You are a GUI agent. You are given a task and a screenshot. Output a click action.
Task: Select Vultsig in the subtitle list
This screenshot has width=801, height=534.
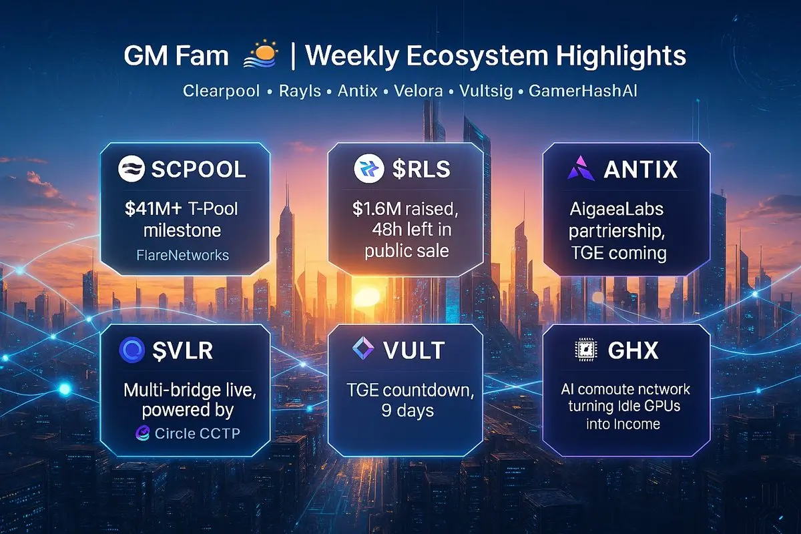486,91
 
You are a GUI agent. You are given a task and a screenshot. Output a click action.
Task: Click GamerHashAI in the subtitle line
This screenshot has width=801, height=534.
583,91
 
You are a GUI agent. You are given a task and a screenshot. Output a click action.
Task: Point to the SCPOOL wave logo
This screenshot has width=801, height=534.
131,169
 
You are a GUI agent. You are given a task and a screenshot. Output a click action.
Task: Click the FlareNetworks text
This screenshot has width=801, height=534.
182,256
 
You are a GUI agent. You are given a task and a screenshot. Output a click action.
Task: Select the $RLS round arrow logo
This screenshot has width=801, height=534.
368,168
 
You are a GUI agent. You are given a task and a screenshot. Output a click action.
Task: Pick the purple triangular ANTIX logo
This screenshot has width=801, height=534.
581,168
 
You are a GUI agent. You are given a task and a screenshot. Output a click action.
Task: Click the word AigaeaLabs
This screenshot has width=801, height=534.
617,210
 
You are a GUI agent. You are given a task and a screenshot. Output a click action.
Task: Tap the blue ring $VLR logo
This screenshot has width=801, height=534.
132,350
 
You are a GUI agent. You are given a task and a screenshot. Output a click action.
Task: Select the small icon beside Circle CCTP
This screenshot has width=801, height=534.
142,433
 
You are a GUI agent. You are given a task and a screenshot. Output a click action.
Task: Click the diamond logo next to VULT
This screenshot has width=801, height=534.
363,348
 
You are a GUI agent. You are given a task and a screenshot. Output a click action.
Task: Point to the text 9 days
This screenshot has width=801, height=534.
407,411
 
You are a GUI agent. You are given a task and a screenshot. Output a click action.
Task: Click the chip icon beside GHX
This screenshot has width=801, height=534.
586,350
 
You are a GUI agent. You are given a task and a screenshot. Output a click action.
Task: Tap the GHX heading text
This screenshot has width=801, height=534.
633,350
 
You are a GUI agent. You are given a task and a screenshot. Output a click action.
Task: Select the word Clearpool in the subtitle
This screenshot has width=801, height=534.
221,91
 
